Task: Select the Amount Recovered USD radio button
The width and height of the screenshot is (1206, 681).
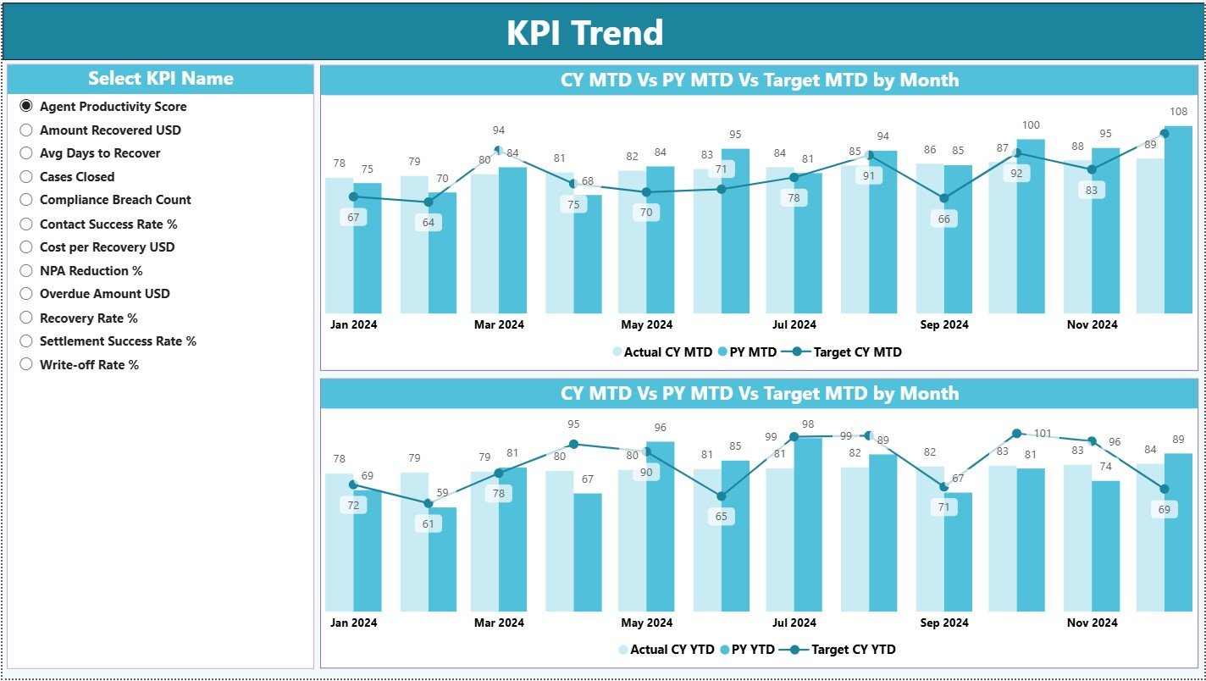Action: [x=26, y=130]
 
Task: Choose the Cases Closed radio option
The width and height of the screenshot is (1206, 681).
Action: [x=26, y=176]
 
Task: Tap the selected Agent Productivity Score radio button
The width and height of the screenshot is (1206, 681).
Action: [x=26, y=106]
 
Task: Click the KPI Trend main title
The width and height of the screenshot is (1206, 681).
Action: [x=584, y=33]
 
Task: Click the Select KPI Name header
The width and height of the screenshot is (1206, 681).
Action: [x=160, y=79]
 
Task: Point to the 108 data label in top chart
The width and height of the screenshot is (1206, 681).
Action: [x=1179, y=111]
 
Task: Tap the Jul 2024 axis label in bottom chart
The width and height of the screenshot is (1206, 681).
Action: [x=794, y=623]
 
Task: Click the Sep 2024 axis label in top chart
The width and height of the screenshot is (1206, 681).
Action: [x=943, y=324]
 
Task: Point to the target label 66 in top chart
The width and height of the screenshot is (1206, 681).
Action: [x=944, y=219]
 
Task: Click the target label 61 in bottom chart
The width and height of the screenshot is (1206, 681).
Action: [x=429, y=523]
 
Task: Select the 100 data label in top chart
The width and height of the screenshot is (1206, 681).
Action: [x=1031, y=125]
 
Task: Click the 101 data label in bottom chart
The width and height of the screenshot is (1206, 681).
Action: [x=1043, y=434]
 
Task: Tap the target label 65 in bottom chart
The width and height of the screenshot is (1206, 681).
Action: [x=722, y=516]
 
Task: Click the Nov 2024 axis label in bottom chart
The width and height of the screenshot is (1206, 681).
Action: [x=1092, y=623]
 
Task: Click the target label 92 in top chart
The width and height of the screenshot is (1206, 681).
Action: [x=1017, y=174]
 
